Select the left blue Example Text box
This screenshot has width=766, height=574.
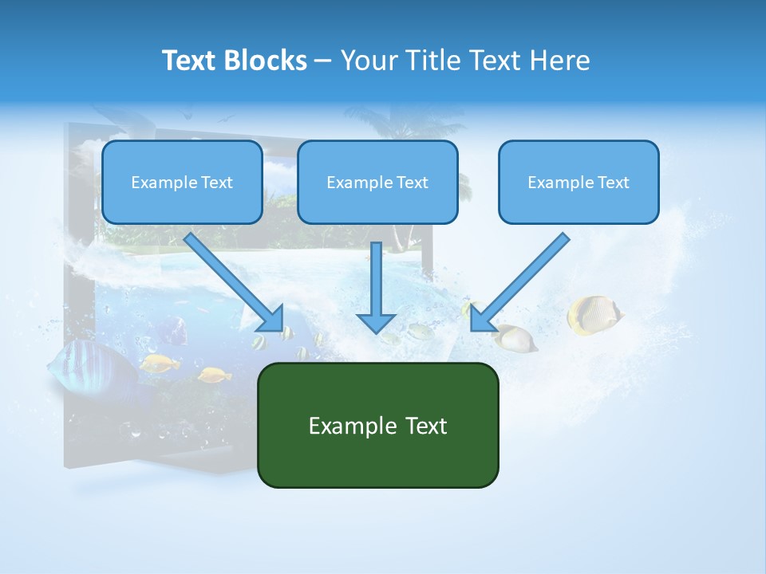point(182,182)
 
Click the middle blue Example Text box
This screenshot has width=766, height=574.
point(377,182)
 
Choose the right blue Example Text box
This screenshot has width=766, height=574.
point(578,182)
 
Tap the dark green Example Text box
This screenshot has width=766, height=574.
point(377,425)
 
